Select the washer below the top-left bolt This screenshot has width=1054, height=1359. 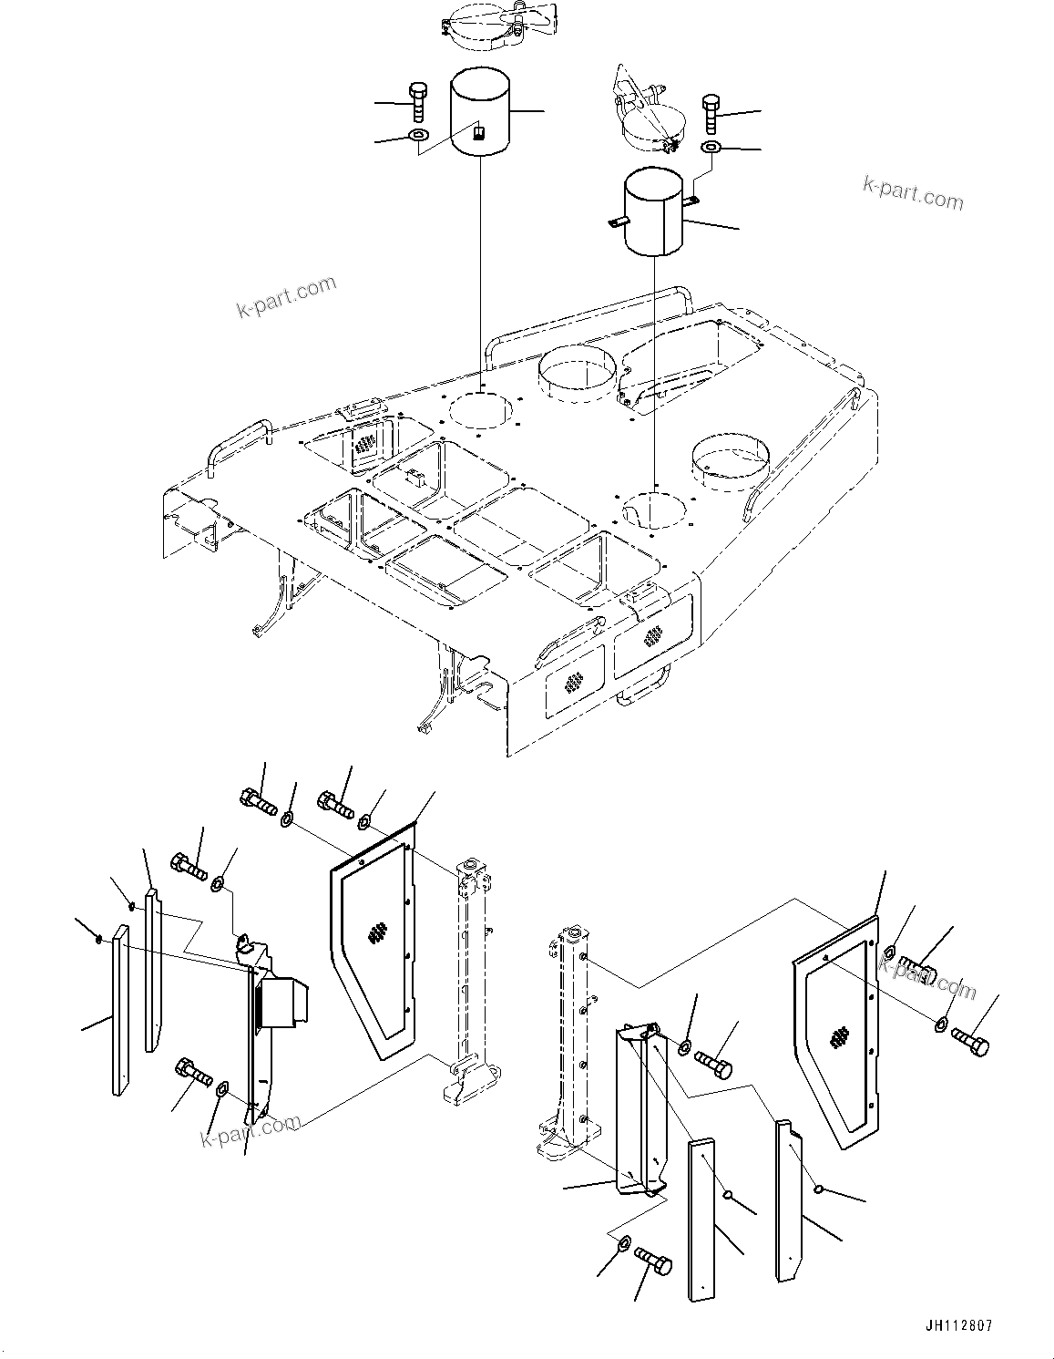pyautogui.click(x=418, y=137)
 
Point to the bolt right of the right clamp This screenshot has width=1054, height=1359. pyautogui.click(x=711, y=114)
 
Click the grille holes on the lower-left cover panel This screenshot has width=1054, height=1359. pyautogui.click(x=377, y=934)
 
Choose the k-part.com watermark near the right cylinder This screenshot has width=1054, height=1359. pyautogui.click(x=912, y=192)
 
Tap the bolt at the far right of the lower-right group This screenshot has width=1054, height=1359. pyautogui.click(x=970, y=1041)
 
